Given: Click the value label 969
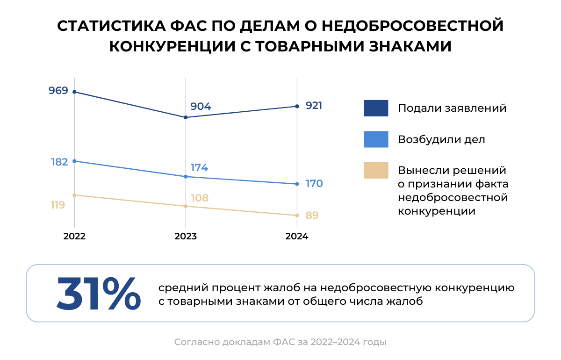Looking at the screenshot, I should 58,90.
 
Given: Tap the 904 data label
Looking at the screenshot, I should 201,107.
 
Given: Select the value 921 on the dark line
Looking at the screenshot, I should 314,106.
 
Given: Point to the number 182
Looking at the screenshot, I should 59,162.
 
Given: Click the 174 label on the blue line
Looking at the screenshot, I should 199,168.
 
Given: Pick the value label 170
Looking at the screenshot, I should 314,183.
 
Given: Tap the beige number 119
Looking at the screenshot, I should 58,205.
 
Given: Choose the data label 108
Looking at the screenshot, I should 200,198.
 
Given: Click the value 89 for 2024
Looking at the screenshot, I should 312,216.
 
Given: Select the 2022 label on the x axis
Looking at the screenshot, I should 74,237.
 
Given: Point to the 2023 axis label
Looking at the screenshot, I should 186,237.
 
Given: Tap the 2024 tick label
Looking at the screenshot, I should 297,237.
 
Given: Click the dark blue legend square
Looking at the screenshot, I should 376,108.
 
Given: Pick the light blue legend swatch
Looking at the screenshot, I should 376,139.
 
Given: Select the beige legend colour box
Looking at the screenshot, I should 376,171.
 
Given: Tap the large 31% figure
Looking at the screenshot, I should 99,294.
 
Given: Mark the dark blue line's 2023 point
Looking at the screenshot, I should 186,117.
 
